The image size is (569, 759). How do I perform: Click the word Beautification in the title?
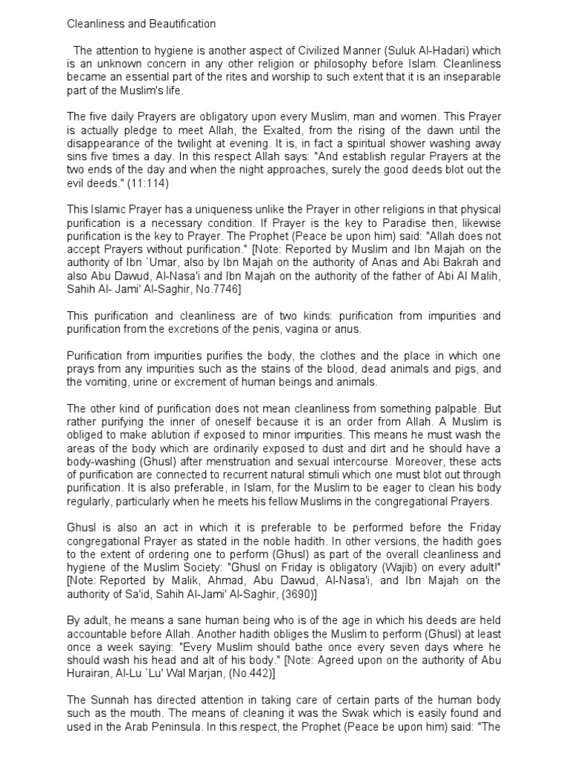click(180, 24)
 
